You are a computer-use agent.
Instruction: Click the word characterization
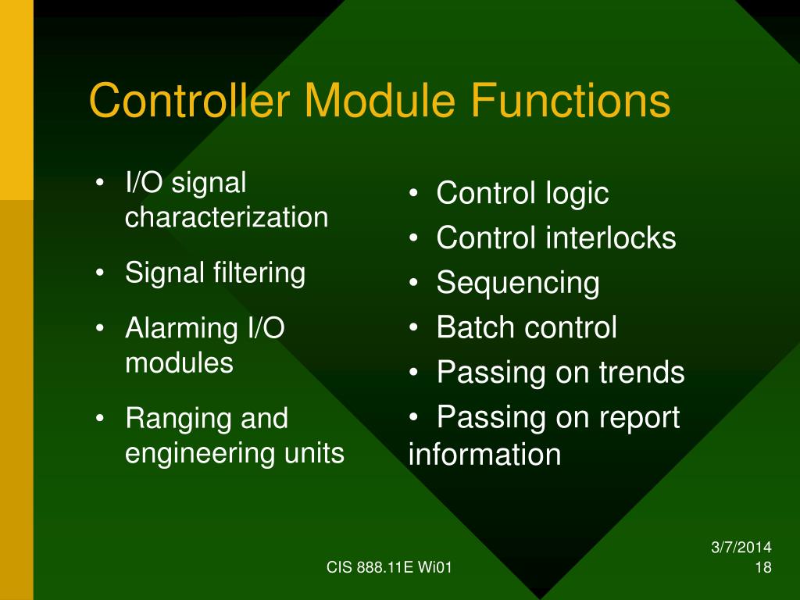[227, 217]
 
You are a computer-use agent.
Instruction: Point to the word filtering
[259, 273]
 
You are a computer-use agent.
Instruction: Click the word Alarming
[177, 327]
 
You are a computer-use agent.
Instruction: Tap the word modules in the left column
[179, 362]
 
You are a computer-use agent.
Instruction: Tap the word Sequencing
[518, 283]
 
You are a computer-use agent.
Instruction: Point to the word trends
[641, 372]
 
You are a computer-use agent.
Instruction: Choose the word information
[484, 454]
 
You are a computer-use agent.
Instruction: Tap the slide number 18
[764, 568]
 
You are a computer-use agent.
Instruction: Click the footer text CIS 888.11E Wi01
[389, 568]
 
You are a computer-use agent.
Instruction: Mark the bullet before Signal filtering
[100, 273]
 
